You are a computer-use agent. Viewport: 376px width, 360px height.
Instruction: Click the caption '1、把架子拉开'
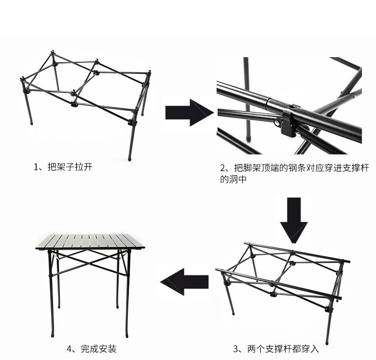pyautogui.click(x=63, y=167)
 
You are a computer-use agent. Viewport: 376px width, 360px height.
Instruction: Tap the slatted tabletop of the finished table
pyautogui.click(x=90, y=241)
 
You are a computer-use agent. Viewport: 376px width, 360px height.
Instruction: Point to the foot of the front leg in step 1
pyautogui.click(x=130, y=158)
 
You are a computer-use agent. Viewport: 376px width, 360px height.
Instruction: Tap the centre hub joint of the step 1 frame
pyautogui.click(x=74, y=93)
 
